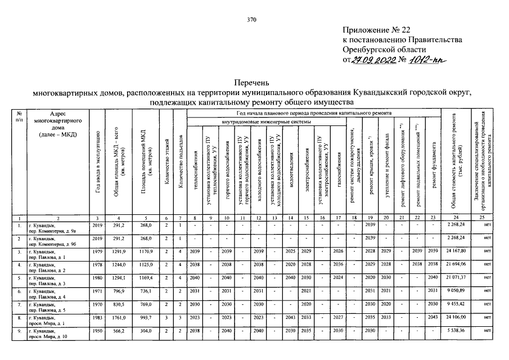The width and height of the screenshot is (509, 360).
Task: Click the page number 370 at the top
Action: pos(251,20)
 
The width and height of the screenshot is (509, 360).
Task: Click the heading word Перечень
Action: pos(253,82)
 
